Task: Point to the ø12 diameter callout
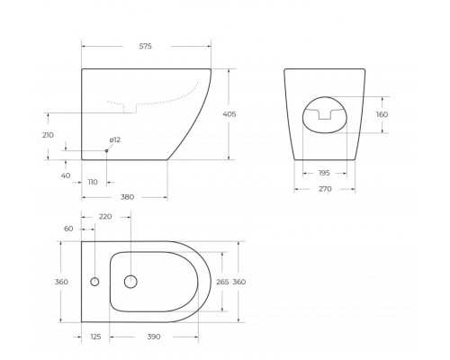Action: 115,139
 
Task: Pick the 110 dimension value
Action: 93,182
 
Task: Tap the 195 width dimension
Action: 325,173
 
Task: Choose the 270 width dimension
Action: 325,189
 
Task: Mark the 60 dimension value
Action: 68,229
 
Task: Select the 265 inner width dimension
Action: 221,282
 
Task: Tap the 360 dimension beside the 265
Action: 239,282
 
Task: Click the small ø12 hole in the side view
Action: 105,150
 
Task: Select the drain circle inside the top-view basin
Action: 130,282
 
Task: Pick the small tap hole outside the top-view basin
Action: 94,282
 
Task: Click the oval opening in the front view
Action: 325,116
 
